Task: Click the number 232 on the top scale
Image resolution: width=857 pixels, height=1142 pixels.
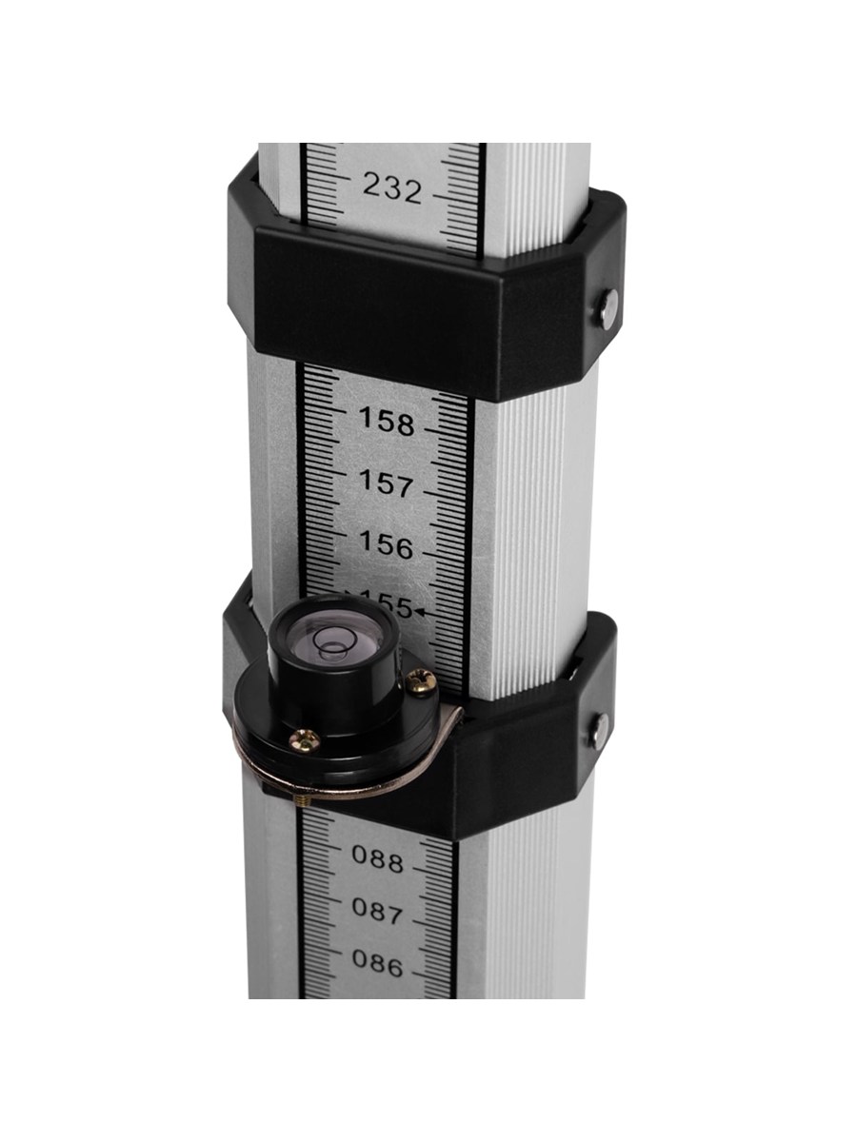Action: click(x=391, y=188)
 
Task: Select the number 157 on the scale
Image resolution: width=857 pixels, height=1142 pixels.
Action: click(x=387, y=482)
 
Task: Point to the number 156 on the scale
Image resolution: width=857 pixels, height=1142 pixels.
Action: click(x=386, y=544)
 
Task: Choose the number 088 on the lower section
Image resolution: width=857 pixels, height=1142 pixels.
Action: click(x=378, y=859)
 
